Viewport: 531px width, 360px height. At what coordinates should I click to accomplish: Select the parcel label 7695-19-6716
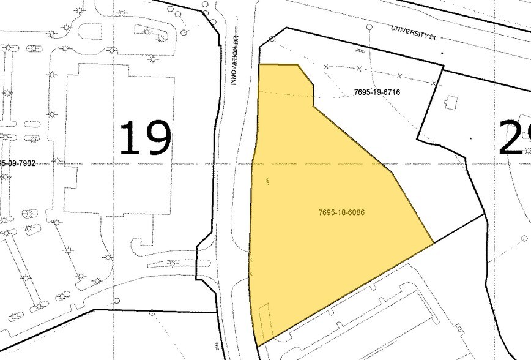coord(377,92)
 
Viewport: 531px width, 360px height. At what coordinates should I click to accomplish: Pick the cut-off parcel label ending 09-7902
coord(18,163)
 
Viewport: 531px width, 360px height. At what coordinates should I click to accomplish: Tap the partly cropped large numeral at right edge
coord(515,138)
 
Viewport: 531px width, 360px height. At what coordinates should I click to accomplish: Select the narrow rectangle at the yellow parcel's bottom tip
coord(264,321)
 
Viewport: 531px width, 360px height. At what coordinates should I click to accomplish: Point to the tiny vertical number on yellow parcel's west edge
coord(268,181)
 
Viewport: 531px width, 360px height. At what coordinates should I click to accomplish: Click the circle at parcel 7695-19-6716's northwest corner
coord(273,39)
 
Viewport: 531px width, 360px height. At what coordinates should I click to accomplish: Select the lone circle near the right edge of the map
coord(524,238)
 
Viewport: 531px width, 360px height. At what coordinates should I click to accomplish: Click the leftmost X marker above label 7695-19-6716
coord(326,66)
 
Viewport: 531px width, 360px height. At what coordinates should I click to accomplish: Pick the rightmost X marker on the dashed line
coord(433,82)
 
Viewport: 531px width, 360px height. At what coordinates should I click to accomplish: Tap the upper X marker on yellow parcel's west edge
coord(251,261)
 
